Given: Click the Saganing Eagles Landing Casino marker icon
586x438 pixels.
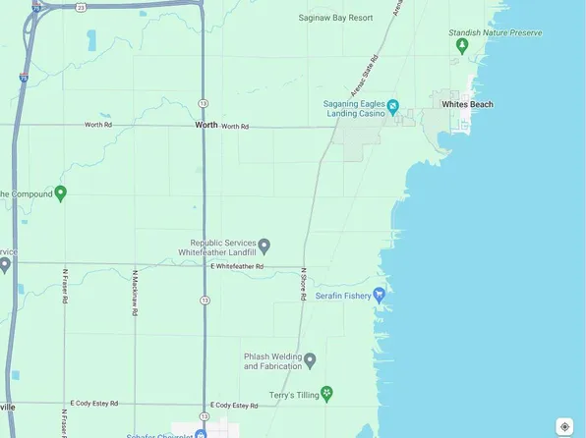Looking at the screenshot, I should pos(392,105).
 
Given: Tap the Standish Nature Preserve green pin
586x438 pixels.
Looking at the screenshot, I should pos(461,47).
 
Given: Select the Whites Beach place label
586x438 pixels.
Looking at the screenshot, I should pos(467,104).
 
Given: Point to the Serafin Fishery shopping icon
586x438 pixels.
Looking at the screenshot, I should pos(380,294).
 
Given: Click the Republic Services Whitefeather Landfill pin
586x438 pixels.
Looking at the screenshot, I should pos(264,246).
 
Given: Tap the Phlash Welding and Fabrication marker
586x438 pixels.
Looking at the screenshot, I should pos(310,360).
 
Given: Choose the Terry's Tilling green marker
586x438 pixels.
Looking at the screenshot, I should pos(327,393).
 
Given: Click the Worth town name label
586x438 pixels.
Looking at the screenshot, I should pos(206,126).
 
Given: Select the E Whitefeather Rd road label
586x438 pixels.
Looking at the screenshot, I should pos(237,266).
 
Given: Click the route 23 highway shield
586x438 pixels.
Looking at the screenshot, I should pos(81,7).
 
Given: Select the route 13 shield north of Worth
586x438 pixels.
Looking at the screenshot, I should pos(204,101).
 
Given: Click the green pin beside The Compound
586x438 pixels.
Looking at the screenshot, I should pos(61,193).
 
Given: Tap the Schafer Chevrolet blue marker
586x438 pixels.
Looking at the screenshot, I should pos(201,434).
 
